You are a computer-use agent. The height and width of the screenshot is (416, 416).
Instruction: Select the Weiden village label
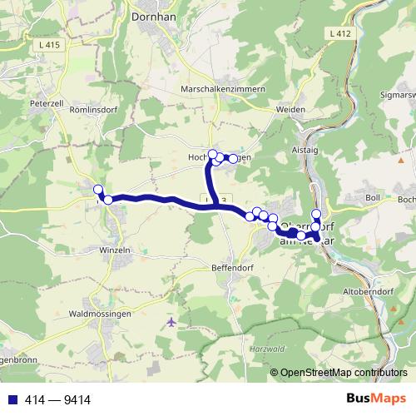(287, 109)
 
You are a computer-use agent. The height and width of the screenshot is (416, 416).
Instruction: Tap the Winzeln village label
(115, 249)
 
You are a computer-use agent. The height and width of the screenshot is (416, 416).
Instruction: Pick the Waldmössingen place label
(99, 314)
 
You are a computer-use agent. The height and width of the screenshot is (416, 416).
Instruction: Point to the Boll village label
(371, 197)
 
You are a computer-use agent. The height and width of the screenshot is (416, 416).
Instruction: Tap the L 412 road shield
(339, 32)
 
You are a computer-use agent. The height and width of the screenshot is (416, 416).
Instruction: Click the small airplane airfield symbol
(171, 321)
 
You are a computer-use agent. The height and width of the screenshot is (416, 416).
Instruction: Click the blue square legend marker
(8, 398)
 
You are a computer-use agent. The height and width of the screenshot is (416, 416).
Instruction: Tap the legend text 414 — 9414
(47, 398)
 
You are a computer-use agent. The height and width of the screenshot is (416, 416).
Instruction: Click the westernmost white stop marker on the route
(98, 189)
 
